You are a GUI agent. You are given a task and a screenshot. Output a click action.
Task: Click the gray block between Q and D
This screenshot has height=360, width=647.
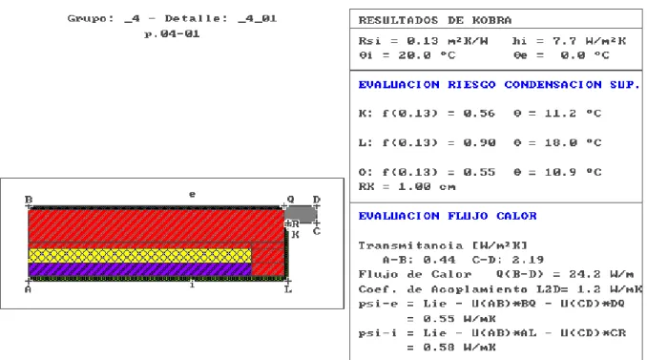[x=301, y=214]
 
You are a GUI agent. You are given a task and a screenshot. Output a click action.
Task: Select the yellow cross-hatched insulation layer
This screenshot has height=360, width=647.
[x=140, y=256]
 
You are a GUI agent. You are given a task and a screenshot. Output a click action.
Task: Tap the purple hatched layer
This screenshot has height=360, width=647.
[x=140, y=269]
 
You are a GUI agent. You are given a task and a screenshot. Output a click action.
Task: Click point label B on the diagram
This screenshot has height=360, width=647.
[x=29, y=200]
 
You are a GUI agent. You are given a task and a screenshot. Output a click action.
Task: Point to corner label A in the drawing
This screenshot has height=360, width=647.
[x=28, y=289]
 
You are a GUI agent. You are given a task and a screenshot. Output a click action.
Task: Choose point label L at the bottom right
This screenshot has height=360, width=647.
[x=288, y=289]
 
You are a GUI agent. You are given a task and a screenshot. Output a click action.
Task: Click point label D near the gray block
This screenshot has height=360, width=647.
[x=317, y=200]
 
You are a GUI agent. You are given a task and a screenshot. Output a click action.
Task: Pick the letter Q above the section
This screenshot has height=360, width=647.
[x=290, y=199]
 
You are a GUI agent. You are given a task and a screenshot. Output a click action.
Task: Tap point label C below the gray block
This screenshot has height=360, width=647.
[x=317, y=231]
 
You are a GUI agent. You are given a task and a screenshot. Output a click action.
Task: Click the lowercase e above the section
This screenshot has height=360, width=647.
[x=192, y=194]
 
